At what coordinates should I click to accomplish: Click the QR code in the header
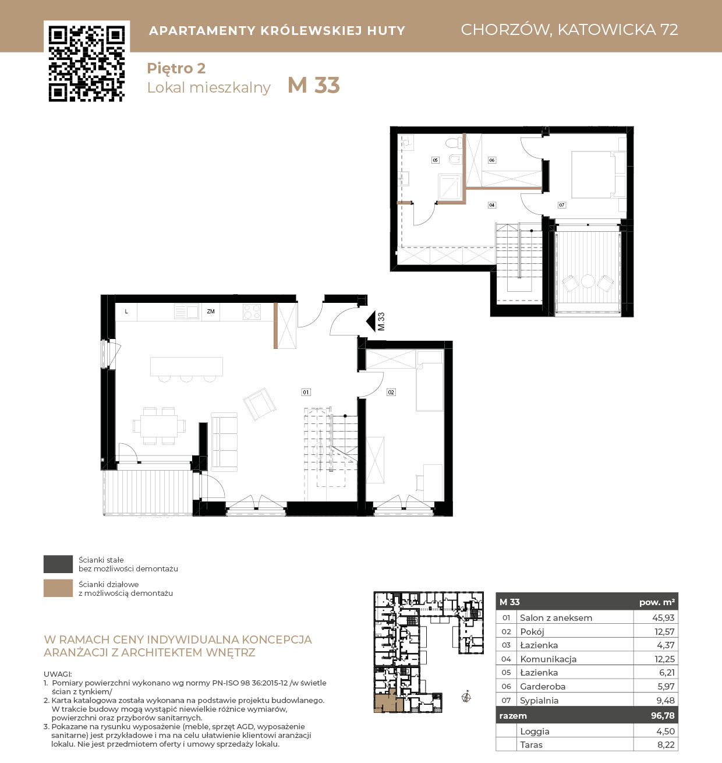point(87,63)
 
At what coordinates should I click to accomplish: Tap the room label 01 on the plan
point(306,392)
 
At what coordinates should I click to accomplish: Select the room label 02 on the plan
point(391,392)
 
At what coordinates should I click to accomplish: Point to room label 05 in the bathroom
point(436,160)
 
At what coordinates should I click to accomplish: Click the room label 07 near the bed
point(562,205)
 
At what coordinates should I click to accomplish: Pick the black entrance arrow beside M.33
point(371,322)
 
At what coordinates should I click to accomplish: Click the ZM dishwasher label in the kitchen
point(211,311)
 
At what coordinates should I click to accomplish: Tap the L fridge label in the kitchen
point(126,311)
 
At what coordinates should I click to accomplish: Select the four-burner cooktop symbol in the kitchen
point(252,312)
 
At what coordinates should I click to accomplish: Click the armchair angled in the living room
point(260,404)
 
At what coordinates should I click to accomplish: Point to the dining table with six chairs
point(159,426)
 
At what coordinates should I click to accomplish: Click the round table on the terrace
point(587,281)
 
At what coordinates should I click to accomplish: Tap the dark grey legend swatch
point(58,564)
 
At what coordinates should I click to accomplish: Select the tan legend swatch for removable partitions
point(58,588)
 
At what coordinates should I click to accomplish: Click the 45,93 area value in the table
point(663,617)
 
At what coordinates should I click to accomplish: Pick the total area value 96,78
point(663,715)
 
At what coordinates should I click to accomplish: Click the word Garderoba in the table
point(542,686)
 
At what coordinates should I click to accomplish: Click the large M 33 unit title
point(313,85)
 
